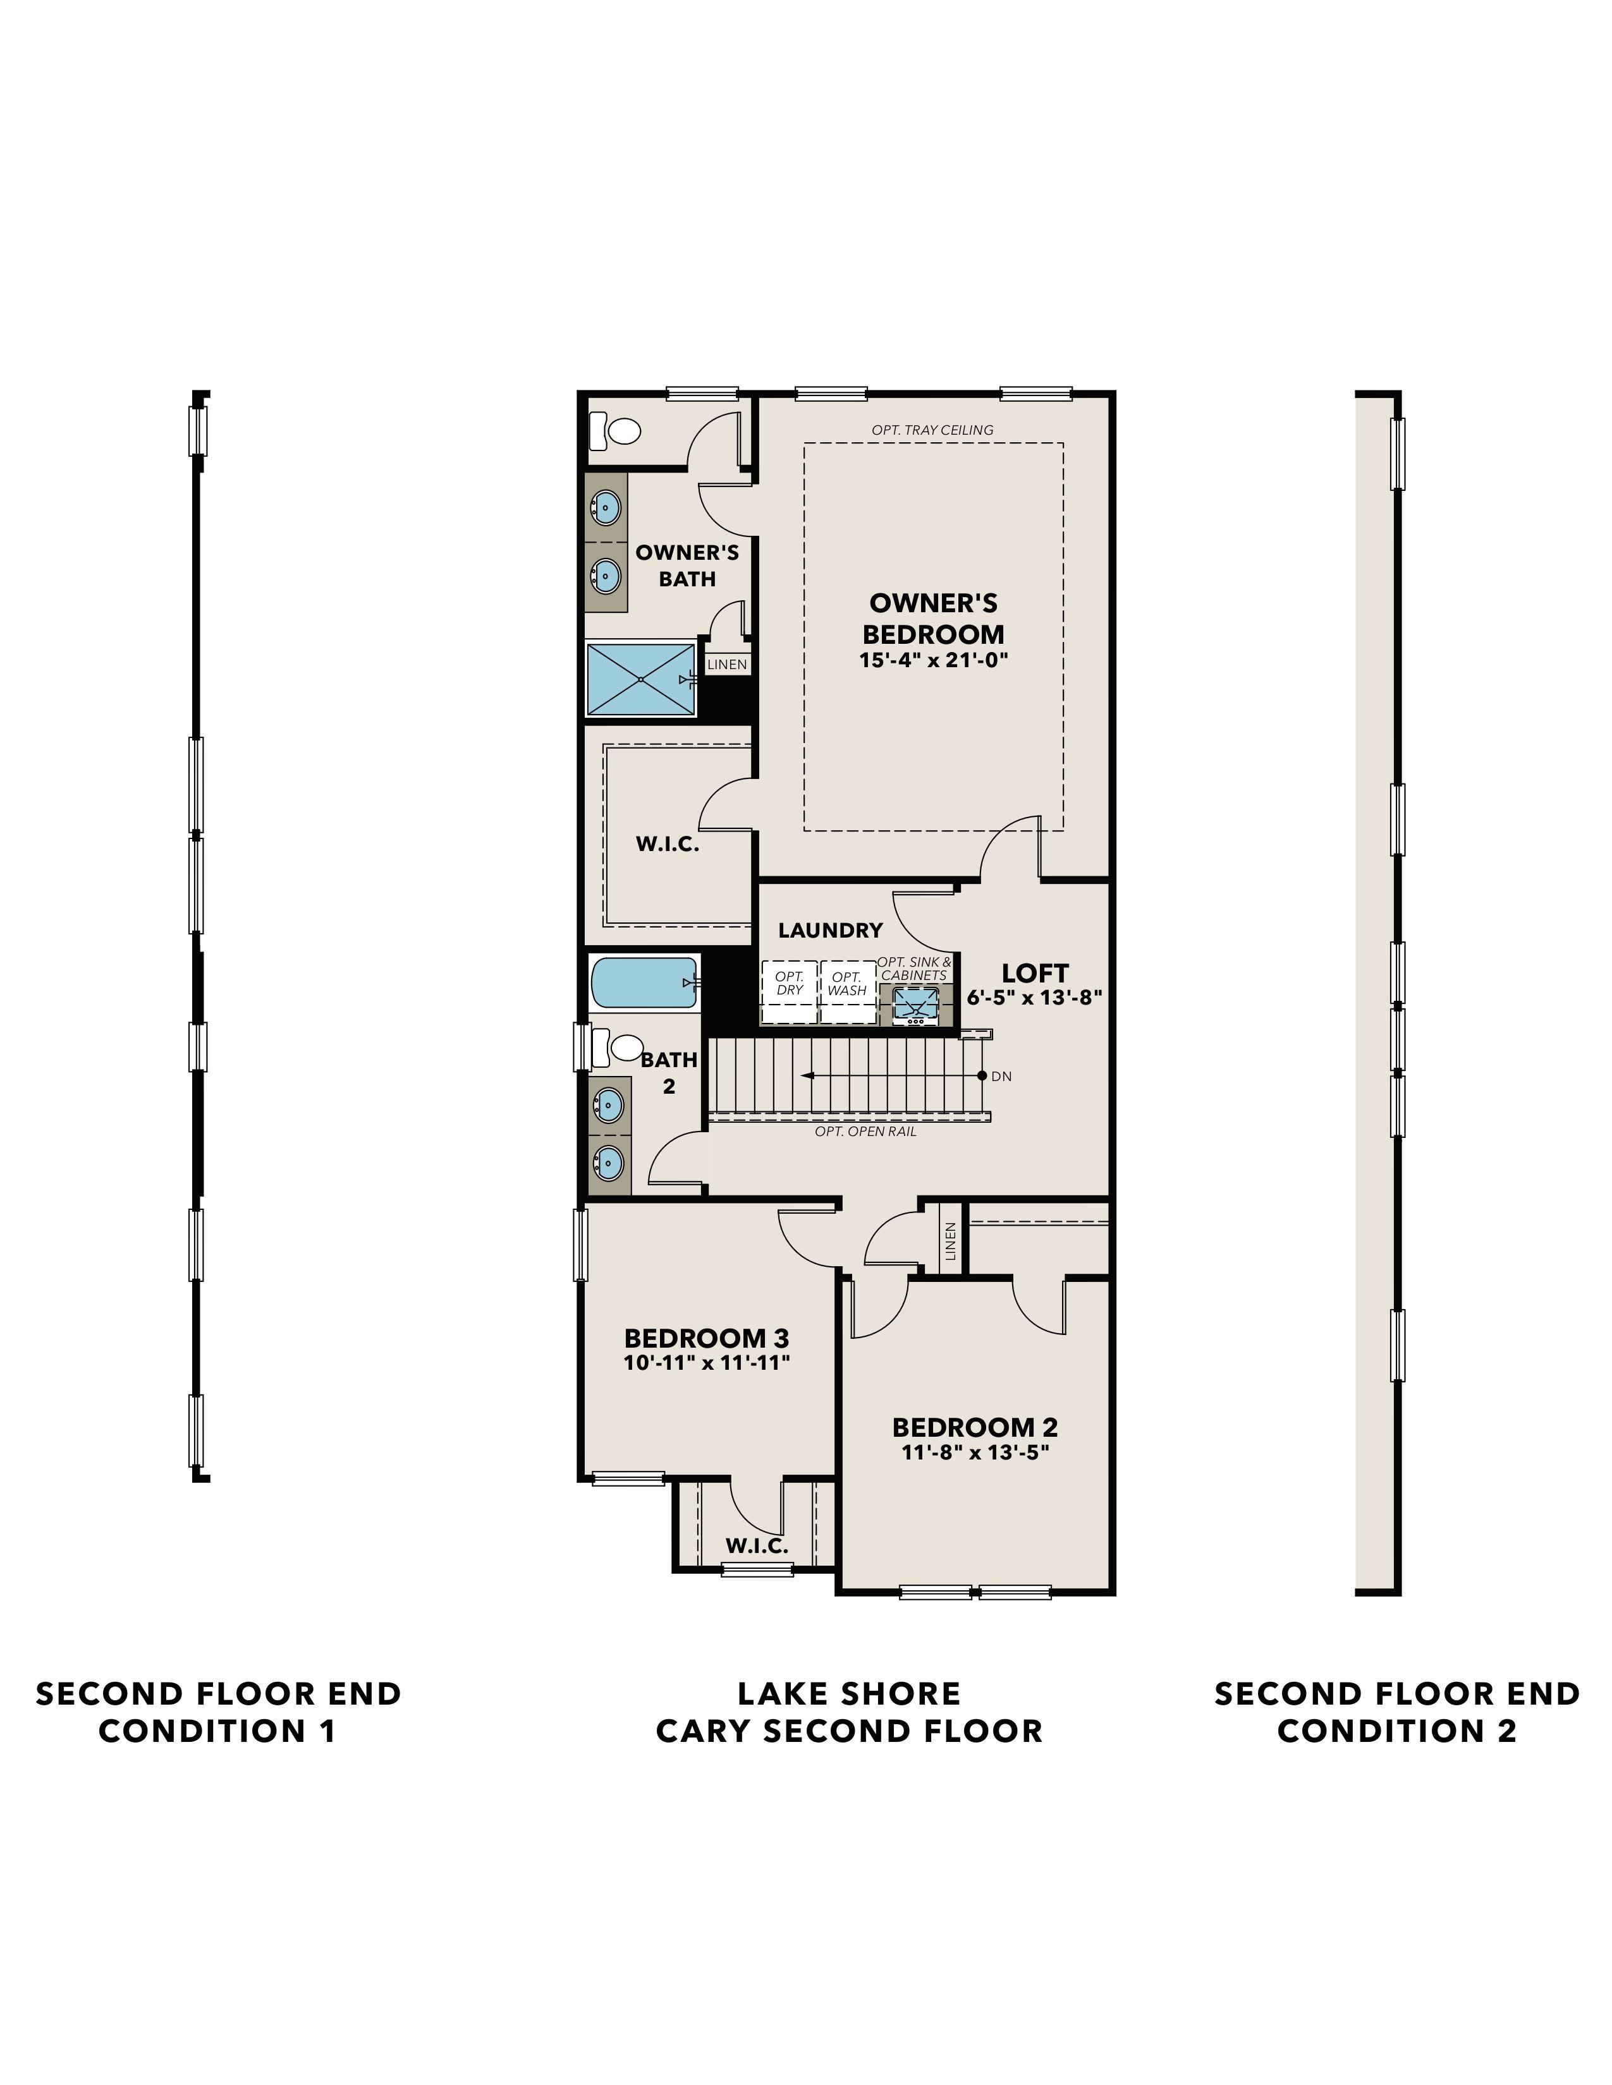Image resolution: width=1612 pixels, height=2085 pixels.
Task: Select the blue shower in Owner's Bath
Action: coord(640,679)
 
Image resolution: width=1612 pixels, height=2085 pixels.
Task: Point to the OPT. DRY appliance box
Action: coord(789,991)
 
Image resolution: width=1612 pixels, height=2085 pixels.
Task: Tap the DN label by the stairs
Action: coord(1001,1076)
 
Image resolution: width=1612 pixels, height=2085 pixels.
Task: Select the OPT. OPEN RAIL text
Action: coord(865,1132)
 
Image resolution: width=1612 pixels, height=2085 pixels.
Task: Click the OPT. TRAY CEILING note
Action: coord(932,430)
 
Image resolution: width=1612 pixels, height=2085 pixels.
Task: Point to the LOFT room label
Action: coord(1034,973)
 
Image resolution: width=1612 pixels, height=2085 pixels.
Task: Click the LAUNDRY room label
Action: coord(830,930)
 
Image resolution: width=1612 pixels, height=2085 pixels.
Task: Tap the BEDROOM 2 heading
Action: coord(974,1427)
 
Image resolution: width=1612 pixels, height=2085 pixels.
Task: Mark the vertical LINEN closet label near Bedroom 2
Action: coord(950,1242)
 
